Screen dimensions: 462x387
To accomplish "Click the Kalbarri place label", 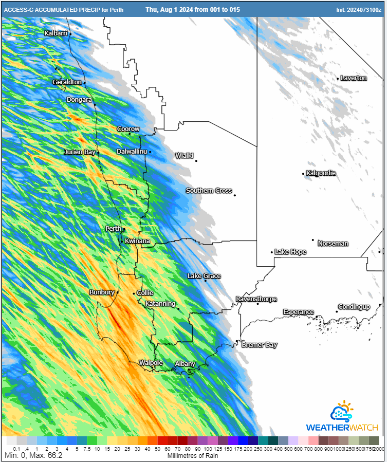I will pos(56,33).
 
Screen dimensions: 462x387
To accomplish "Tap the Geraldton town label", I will pos(67,82).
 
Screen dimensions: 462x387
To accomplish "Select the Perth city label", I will pos(113,229).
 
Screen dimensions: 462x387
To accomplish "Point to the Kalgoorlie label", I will pos(321,173).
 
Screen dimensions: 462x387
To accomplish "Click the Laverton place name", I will pos(354,78).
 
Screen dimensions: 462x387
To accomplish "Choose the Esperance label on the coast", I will pos(298,312).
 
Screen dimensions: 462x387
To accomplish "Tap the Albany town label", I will pos(185,364).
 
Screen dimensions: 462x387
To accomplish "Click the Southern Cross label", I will pos(209,191).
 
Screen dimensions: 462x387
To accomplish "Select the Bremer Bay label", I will pos(259,345).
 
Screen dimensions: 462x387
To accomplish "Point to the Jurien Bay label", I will pos(80,152).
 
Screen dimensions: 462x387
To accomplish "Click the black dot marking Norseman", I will pos(312,240).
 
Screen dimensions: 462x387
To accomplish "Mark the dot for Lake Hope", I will pos(272,252).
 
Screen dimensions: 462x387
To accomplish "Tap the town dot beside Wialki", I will pos(196,161).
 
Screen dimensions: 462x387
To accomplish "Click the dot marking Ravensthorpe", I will pos(258,304).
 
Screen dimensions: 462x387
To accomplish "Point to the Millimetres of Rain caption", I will pos(193,455).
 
